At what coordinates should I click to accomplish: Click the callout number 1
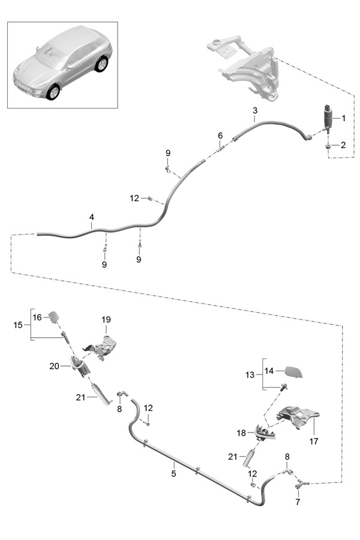344,119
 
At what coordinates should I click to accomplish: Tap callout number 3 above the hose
255,111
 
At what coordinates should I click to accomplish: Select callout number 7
298,502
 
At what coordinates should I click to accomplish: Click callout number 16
37,317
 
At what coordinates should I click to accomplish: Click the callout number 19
106,320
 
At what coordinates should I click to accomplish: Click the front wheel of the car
53,92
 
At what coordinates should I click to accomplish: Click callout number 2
344,145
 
